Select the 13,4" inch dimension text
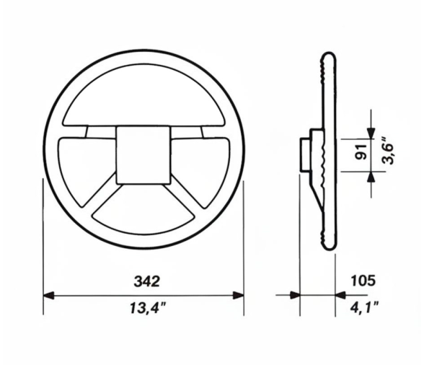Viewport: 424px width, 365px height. [144, 309]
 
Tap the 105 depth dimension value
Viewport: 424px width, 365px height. [362, 279]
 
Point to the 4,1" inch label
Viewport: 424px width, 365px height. [362, 309]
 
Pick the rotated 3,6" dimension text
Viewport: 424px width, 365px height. [388, 152]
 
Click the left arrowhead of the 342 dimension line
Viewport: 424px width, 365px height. [50, 294]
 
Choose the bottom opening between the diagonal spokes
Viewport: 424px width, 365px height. [144, 210]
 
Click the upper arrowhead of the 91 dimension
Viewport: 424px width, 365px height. [371, 132]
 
